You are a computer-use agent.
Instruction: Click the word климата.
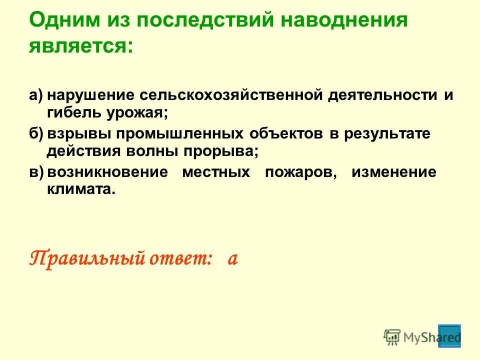(80, 189)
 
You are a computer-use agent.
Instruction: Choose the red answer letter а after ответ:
(231, 260)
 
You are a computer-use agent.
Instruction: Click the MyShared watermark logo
(422, 336)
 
